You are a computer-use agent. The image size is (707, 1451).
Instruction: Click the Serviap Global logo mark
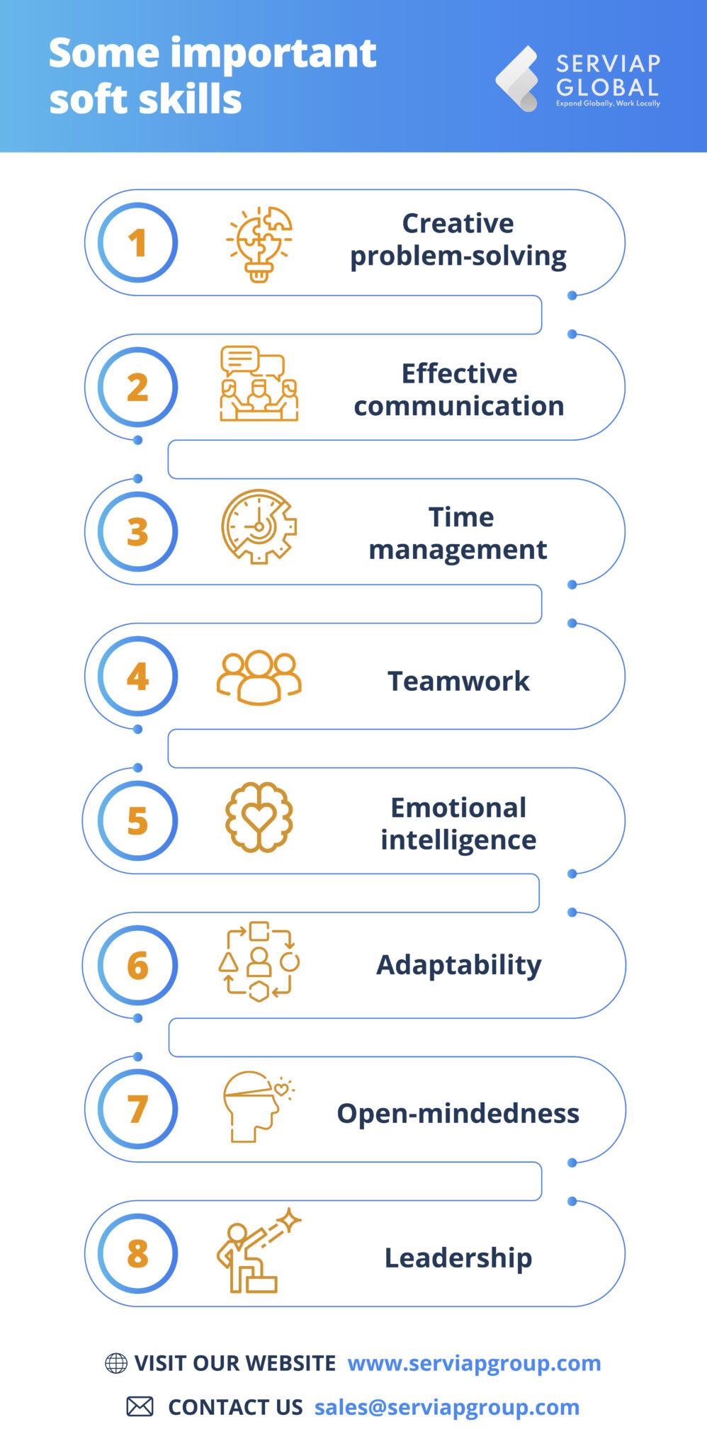tap(519, 79)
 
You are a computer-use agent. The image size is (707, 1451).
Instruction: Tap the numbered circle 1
tap(137, 242)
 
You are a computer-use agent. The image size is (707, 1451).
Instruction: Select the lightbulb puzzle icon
tap(259, 244)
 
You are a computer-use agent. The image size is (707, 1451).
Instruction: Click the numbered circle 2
tap(137, 387)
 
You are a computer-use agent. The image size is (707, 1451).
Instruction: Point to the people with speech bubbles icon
tap(259, 383)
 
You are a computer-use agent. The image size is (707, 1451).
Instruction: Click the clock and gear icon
tap(259, 526)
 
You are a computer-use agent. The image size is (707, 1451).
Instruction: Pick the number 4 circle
tap(137, 676)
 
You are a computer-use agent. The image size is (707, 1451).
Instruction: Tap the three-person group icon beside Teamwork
tap(259, 677)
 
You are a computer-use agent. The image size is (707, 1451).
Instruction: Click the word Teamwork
tap(458, 681)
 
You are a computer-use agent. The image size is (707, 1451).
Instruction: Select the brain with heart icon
tap(259, 816)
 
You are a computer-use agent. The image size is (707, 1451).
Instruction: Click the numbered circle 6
tap(137, 965)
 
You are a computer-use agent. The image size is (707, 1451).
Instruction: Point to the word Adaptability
tap(459, 966)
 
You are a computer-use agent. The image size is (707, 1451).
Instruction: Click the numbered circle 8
tap(137, 1253)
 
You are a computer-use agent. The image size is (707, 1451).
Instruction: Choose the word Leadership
tap(458, 1258)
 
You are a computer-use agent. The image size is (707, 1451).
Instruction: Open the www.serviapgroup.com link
tap(474, 1363)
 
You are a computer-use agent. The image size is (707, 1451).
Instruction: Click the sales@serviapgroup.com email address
tap(447, 1407)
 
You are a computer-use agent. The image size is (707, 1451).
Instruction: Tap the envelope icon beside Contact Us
tap(140, 1406)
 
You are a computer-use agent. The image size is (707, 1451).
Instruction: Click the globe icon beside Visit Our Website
tap(116, 1362)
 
